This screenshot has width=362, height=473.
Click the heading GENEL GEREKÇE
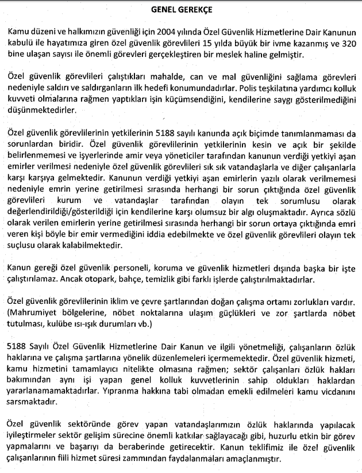coord(181,10)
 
